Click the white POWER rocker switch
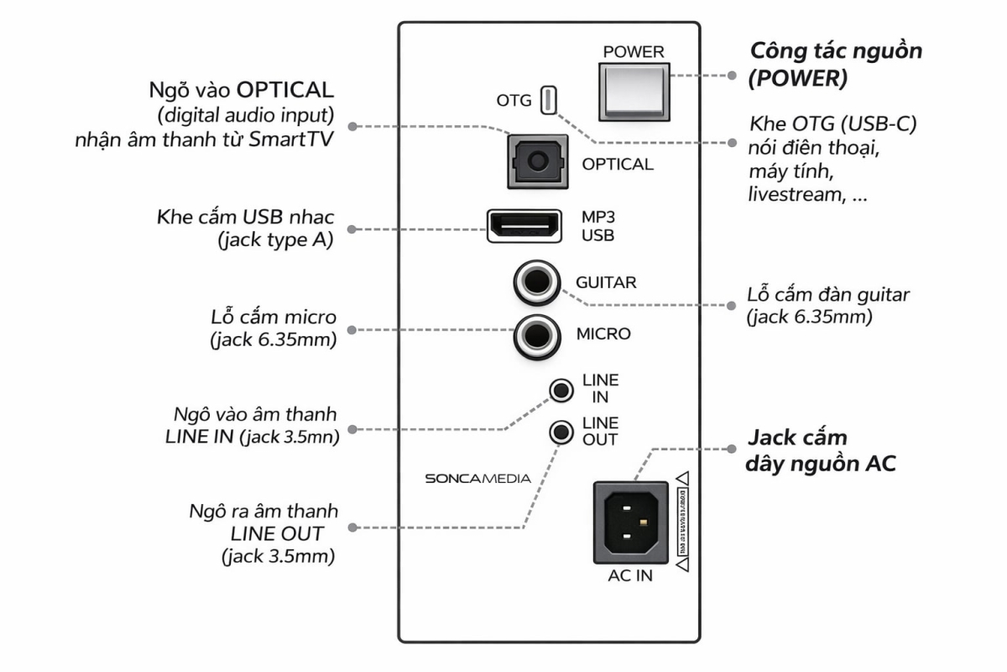(x=634, y=91)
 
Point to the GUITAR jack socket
(x=537, y=283)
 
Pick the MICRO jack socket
(x=537, y=334)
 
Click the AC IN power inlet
(x=631, y=522)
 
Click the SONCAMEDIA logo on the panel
(x=477, y=479)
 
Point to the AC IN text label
(x=631, y=576)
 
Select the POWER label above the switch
(x=634, y=52)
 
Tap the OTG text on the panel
(x=514, y=101)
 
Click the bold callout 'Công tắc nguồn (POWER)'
(x=835, y=63)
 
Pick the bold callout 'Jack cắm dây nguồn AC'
(x=821, y=450)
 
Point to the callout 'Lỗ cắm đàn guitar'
(x=828, y=305)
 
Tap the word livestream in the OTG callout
(x=790, y=196)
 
